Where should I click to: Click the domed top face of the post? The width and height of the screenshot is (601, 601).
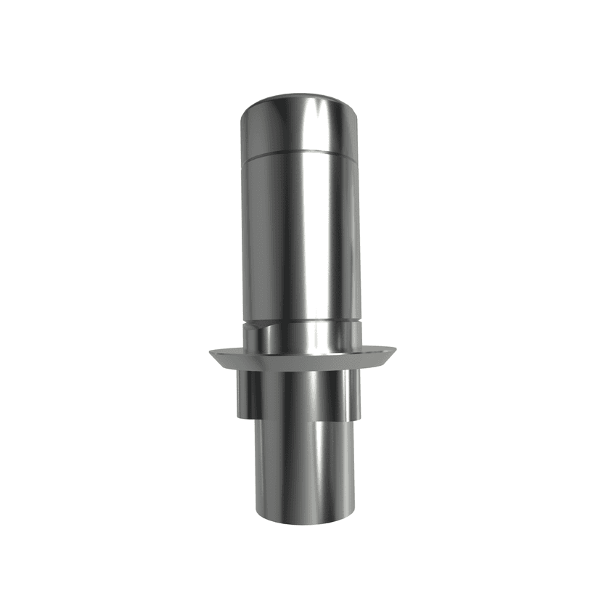click(300, 99)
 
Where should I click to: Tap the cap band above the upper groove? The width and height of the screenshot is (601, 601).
click(300, 131)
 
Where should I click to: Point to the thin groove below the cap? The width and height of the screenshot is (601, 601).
click(300, 155)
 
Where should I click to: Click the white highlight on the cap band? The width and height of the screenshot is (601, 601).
click(319, 127)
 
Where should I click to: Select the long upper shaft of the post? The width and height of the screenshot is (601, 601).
click(300, 232)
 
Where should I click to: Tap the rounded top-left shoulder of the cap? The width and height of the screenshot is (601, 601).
click(247, 109)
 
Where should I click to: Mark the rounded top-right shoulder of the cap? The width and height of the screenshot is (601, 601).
click(353, 109)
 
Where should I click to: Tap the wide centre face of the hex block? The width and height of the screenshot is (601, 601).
click(299, 396)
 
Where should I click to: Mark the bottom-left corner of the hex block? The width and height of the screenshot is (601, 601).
click(236, 417)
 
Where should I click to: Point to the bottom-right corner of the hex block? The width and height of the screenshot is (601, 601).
click(360, 418)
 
